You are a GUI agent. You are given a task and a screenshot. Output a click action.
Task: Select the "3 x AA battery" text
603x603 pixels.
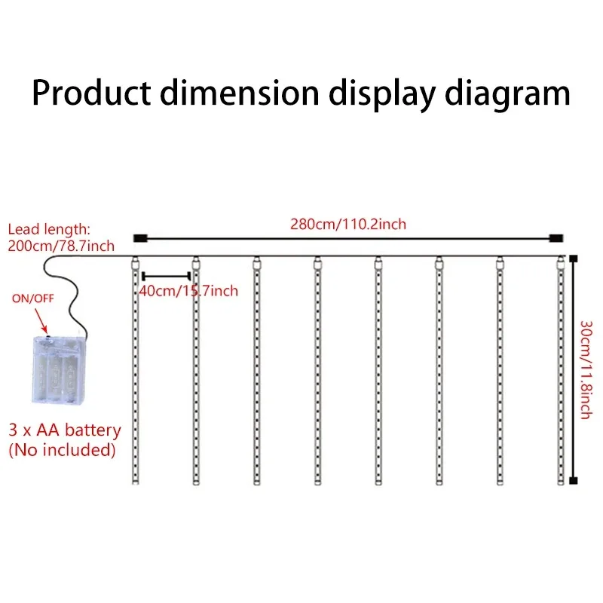[x=64, y=430]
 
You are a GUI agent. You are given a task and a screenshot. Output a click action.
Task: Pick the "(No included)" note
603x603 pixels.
[x=61, y=450]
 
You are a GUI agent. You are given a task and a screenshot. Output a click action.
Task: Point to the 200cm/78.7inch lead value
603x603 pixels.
[x=61, y=245]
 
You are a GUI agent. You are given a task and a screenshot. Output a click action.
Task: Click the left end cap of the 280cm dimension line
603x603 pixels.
[x=139, y=239]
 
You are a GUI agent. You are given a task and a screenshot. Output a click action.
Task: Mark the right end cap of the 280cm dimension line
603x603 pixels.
[x=556, y=239]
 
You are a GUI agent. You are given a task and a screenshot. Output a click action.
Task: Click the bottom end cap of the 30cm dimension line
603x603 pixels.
[x=573, y=480]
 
